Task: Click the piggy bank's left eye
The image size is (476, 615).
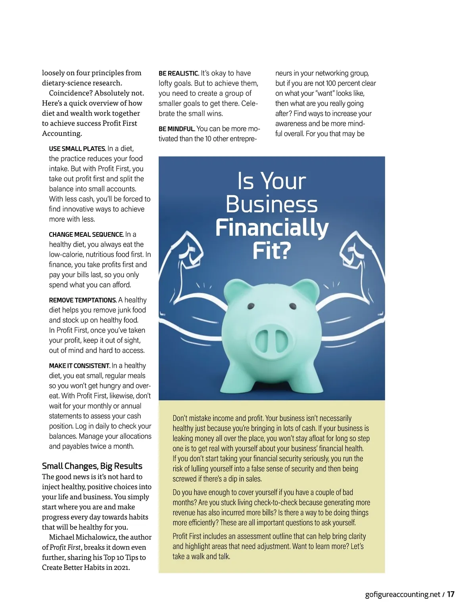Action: [251, 306]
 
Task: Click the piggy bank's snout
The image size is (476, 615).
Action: [271, 340]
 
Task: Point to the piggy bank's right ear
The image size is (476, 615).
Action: [307, 289]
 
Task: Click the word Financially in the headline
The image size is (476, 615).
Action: [272, 228]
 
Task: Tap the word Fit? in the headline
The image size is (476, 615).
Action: [272, 251]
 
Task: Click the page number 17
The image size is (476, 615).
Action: [451, 594]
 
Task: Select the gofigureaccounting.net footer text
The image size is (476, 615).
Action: [403, 594]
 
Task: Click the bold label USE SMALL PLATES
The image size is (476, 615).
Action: [77, 149]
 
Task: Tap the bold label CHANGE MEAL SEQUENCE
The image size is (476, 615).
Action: [86, 234]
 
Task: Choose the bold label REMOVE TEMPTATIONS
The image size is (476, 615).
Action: [83, 300]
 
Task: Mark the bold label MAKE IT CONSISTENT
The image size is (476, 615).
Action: [79, 366]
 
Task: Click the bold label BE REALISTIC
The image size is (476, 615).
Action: [178, 73]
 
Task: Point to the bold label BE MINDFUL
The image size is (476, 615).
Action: [177, 129]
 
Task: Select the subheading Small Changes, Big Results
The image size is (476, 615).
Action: [92, 466]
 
